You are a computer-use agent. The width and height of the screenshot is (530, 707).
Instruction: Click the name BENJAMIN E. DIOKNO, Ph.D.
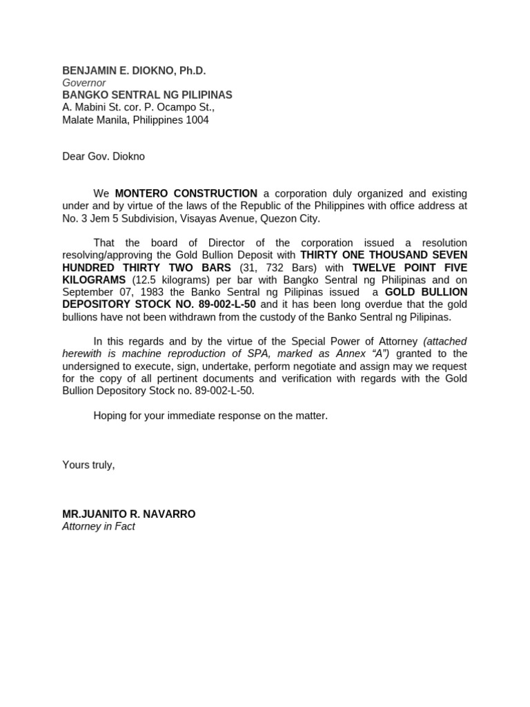tap(134, 70)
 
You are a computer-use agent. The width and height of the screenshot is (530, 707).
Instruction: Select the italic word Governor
tap(84, 83)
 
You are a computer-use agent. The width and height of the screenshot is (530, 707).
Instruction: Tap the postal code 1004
tap(196, 120)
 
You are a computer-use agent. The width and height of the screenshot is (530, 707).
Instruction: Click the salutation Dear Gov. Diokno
tap(104, 157)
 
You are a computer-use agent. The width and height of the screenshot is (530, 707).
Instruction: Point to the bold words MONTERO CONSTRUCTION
tap(186, 193)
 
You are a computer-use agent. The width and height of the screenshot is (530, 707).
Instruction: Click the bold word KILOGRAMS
tap(94, 280)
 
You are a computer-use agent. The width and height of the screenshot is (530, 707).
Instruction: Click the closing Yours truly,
tap(88, 465)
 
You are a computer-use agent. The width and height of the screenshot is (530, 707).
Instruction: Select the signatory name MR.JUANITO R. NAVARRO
tap(129, 514)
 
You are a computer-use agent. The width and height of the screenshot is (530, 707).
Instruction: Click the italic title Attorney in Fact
tap(99, 526)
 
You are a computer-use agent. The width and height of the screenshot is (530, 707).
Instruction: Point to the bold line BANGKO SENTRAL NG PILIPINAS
tap(147, 95)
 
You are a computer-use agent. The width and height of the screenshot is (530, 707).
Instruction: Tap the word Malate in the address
tap(78, 120)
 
